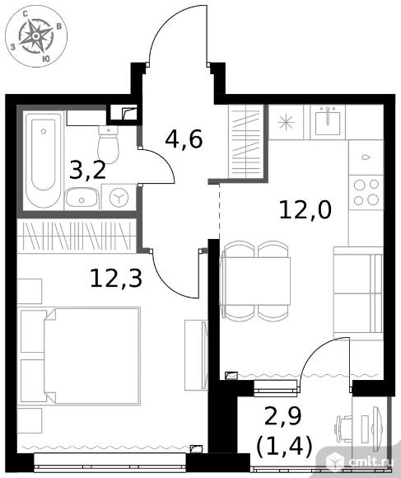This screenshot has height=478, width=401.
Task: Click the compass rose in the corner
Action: [36, 36]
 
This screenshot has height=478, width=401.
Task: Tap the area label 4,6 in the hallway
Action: [184, 139]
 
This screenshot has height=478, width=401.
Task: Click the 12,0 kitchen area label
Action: [305, 209]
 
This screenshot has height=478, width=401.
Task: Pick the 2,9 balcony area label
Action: [283, 416]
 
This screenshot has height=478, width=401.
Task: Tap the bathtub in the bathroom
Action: [44, 160]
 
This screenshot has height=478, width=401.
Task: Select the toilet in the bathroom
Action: [108, 145]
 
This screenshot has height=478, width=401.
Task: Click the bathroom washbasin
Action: [82, 198]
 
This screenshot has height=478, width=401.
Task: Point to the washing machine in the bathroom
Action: [119, 197]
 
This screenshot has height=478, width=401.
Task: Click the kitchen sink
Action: [328, 123]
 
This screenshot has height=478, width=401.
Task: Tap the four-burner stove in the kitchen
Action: [366, 192]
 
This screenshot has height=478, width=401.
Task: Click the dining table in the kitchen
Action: [255, 281]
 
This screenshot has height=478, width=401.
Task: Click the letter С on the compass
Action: [26, 13]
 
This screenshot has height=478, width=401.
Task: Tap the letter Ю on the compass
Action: [45, 59]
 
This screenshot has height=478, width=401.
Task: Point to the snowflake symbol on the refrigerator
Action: [286, 123]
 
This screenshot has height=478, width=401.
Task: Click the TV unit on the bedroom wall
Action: [196, 355]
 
